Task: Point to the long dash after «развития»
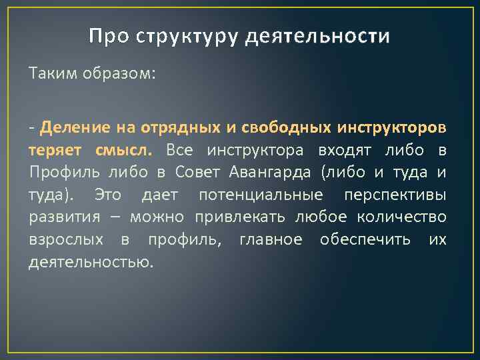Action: [x=116, y=217]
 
